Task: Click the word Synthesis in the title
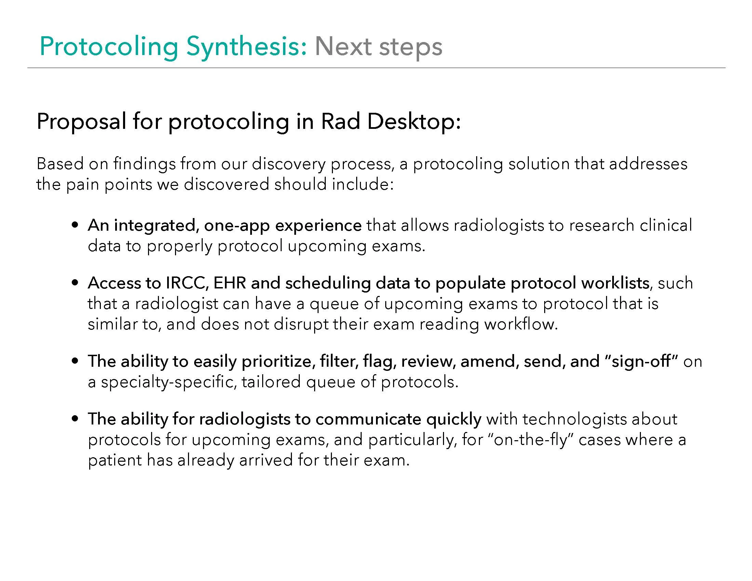[x=246, y=47]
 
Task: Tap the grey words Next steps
[x=378, y=47]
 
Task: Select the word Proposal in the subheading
[x=81, y=122]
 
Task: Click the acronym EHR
[x=229, y=283]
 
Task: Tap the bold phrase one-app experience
[x=283, y=226]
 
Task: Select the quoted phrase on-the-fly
[x=530, y=440]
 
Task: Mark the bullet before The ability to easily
[x=75, y=362]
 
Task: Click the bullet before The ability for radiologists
[x=75, y=419]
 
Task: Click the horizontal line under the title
[x=376, y=68]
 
